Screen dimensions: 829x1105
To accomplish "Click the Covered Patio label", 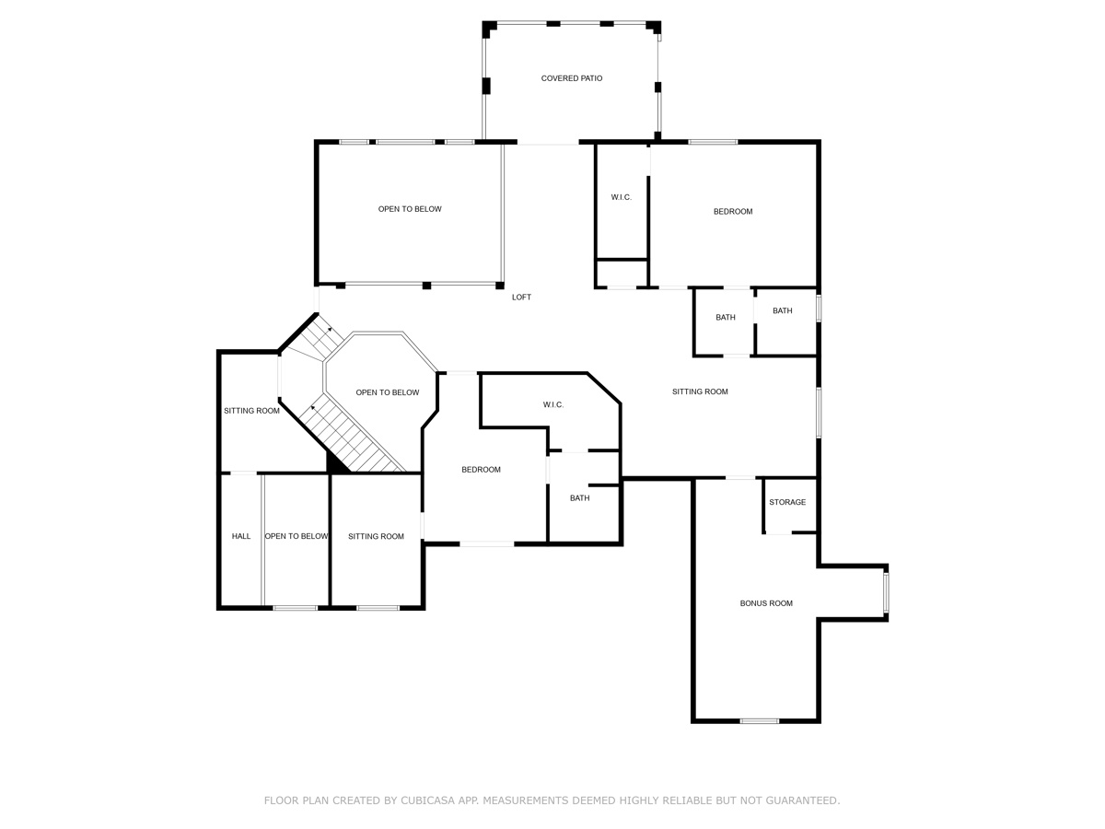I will pos(571,78).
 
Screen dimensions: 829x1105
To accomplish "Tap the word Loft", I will pos(521,297).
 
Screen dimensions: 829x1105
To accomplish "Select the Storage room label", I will pos(787,502).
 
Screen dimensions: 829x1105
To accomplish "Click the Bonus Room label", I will pos(766,603).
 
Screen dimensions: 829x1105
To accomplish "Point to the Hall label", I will pos(240,536).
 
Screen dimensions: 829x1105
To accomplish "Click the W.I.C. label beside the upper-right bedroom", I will pos(622,197).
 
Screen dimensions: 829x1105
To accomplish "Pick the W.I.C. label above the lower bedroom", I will pos(552,404).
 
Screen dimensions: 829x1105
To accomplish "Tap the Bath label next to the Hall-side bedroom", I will pos(579,498).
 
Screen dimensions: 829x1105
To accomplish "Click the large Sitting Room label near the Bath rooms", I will pos(700,391).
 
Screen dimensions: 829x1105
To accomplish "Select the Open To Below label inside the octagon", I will pos(387,392).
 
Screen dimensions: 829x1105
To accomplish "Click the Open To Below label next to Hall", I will pos(297,536).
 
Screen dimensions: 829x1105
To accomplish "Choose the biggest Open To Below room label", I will pos(410,209).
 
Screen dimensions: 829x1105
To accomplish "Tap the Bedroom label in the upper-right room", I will pos(733,211).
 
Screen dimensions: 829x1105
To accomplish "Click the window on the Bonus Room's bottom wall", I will pos(759,720).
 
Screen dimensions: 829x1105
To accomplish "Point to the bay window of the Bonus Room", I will pos(886,593).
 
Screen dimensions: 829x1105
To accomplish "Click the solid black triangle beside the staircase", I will pos(336,463).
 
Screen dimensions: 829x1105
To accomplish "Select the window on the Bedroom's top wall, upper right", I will pos(712,142).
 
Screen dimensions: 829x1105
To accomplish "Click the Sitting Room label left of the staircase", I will pos(251,411).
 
